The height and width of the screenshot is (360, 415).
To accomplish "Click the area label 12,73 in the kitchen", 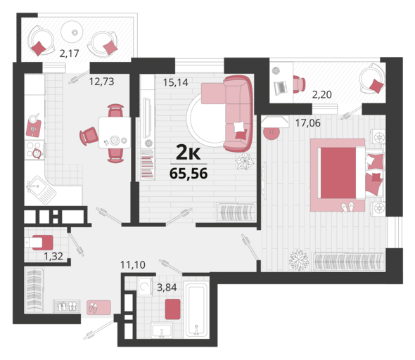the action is coord(101,82).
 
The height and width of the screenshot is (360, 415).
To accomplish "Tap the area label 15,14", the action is coord(175,82).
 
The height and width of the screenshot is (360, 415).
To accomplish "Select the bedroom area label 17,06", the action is coord(307,123).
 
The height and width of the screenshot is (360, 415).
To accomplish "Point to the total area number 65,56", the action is coord(189,174).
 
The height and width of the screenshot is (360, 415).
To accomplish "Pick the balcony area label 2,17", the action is coord(70,53).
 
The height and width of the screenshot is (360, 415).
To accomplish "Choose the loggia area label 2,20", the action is coord(322,94).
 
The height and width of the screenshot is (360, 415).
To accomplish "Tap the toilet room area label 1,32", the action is coord(53,256).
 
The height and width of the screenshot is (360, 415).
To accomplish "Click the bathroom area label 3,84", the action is coord(167,287).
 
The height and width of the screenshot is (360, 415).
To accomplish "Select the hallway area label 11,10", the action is coord(133,264).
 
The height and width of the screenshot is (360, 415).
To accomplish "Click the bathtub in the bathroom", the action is coord(196,309).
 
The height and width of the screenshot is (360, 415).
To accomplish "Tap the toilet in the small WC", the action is coord(39,243).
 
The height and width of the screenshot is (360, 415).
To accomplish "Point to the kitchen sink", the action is coord(41,190).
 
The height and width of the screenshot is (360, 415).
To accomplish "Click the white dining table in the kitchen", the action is coord(115,132).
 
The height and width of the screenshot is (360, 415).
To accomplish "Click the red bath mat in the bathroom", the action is coord(173,309).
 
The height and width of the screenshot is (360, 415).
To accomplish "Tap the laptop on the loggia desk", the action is coord(281,88).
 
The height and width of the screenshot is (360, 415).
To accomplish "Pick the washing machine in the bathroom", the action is coord(144,286).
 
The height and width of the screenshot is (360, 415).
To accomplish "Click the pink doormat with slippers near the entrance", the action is coord(98,307).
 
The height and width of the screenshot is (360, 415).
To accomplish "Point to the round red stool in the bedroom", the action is coord(272,132).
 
